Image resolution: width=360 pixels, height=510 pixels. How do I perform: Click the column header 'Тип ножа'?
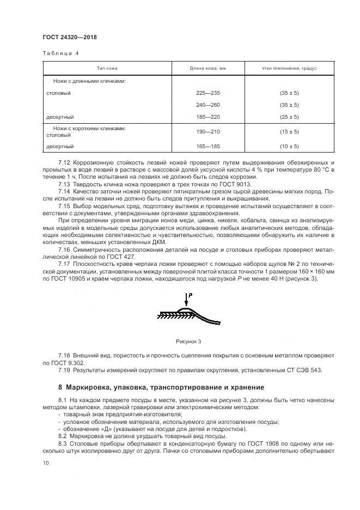(x=107, y=69)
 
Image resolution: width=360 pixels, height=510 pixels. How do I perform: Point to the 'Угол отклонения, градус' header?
(x=289, y=69)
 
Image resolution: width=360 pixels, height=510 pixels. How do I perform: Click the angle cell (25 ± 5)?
(x=289, y=117)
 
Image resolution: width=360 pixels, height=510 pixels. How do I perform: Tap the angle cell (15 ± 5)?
(x=289, y=132)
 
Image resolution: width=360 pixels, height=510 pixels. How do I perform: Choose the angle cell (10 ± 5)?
(x=289, y=146)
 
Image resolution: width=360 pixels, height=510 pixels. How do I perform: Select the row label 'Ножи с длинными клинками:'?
(x=90, y=81)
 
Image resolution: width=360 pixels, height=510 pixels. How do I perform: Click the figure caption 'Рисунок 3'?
(x=188, y=341)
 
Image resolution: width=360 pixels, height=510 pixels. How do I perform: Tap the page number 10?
(x=46, y=463)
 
